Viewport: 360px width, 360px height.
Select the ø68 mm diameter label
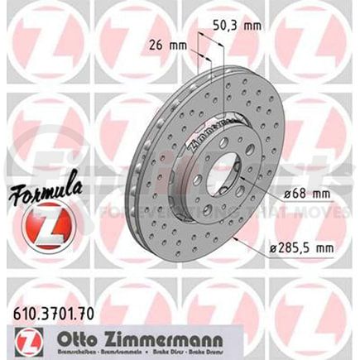290,195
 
